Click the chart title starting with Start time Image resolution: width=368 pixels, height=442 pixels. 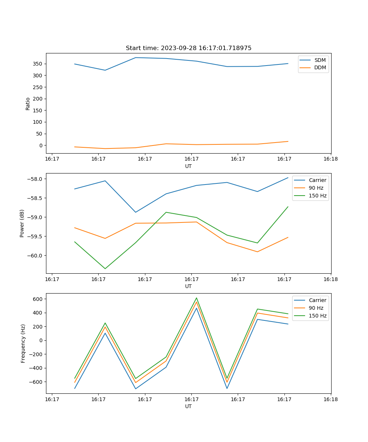pos(188,48)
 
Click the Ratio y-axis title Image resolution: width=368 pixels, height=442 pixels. pos(28,104)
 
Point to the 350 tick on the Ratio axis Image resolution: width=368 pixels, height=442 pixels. pos(38,64)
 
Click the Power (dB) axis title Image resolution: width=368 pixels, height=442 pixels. pos(22,223)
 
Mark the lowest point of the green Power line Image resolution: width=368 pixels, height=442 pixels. pos(105,269)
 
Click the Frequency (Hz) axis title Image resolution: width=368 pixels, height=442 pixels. pos(23,343)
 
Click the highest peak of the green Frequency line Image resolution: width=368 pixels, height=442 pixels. pos(197,298)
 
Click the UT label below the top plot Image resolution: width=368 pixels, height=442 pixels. pos(188,166)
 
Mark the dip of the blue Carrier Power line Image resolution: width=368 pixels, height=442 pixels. pos(135,212)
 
